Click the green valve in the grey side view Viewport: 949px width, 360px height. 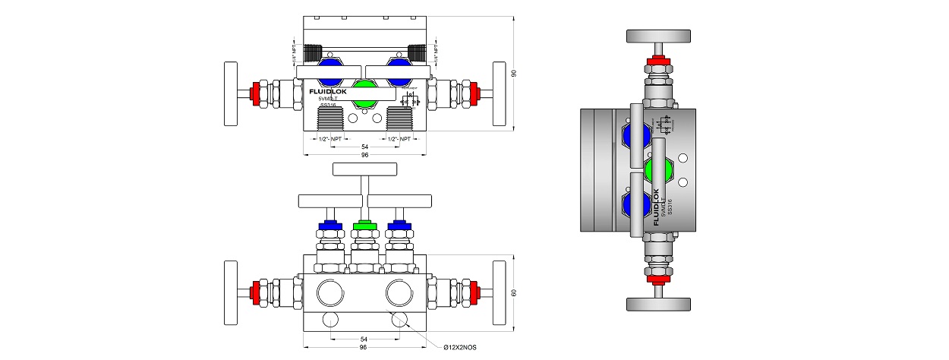658,169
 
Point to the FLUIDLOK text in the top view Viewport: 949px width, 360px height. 328,90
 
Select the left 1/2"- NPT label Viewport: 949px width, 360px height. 328,139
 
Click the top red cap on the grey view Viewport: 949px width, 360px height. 658,62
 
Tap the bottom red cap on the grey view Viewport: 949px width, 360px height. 658,278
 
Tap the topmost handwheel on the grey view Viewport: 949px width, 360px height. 658,35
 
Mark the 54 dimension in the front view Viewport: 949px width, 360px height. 364,339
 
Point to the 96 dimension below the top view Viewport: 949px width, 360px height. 364,155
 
